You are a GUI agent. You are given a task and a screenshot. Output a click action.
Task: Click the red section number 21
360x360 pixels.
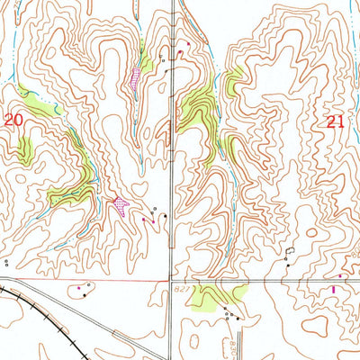[334, 128]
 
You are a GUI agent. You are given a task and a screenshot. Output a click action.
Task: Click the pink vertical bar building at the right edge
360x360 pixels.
[334, 289]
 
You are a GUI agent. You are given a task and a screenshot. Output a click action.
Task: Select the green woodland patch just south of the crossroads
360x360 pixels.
[216, 293]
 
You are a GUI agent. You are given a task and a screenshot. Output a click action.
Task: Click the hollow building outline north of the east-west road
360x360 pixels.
[290, 252]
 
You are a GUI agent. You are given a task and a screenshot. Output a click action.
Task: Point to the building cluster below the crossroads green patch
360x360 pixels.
[231, 315]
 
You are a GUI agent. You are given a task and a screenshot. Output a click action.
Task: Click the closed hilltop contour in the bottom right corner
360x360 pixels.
[337, 337]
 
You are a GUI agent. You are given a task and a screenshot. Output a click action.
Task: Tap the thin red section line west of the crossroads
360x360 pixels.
[90, 280]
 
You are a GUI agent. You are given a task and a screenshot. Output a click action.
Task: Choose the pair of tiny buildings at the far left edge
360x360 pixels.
[5, 264]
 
